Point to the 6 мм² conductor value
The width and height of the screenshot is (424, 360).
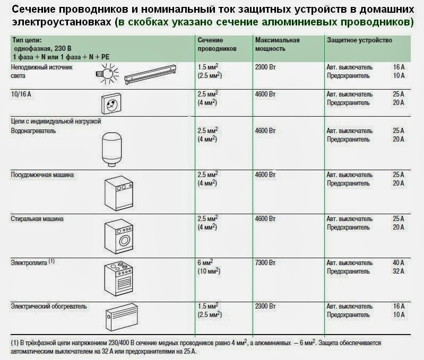[205, 262]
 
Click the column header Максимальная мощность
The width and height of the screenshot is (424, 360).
[277, 44]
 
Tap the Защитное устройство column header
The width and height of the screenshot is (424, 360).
[359, 40]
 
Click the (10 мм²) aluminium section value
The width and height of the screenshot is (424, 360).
[207, 271]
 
